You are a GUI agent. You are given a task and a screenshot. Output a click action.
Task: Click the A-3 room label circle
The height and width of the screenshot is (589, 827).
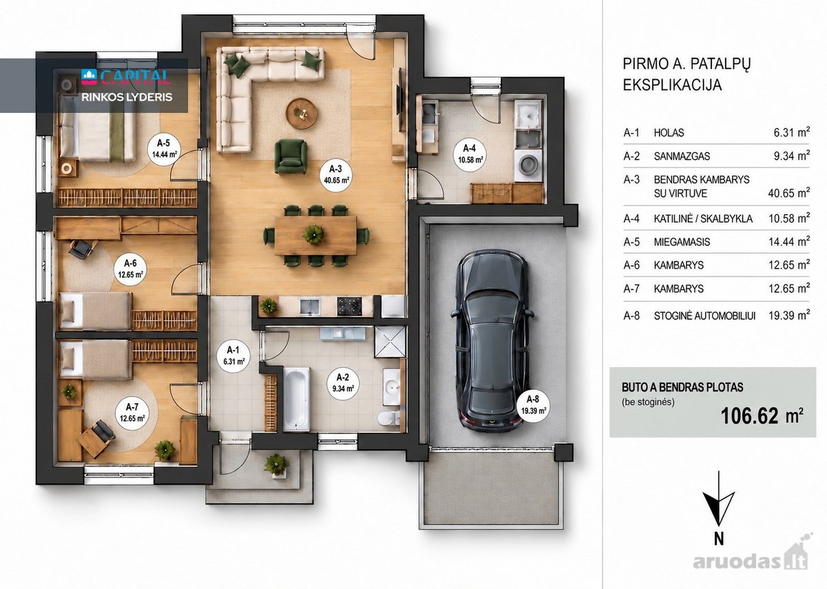[x=335, y=175]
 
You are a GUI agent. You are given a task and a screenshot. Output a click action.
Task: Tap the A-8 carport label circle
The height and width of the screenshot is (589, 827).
[x=533, y=404]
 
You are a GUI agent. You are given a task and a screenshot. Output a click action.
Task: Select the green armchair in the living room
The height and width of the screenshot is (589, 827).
[x=291, y=156]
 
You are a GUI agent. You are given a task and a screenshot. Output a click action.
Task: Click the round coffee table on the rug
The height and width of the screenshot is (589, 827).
[x=302, y=114]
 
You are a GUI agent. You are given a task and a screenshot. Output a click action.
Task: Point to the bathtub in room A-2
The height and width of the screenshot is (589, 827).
[x=296, y=400]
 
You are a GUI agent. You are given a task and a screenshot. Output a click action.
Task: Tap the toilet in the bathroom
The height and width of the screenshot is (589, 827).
[x=389, y=418]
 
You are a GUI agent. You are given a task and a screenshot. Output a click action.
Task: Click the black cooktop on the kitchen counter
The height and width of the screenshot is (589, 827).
[x=349, y=307]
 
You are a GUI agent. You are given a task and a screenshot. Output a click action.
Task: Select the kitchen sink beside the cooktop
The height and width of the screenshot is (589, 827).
[x=309, y=307]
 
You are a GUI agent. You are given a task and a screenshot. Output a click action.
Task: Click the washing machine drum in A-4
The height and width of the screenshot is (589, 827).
[x=529, y=163]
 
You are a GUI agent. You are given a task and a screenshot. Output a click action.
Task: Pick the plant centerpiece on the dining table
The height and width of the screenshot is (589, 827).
[x=314, y=234]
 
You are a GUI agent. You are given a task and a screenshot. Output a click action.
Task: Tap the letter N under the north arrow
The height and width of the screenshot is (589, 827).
[x=718, y=539]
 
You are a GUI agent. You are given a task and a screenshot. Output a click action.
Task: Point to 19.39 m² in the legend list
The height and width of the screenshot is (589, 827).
[x=789, y=316]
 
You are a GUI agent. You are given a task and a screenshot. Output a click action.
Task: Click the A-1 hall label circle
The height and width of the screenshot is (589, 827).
[x=234, y=355]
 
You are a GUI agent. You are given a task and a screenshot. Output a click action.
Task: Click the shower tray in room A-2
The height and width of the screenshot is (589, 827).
[x=390, y=342]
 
